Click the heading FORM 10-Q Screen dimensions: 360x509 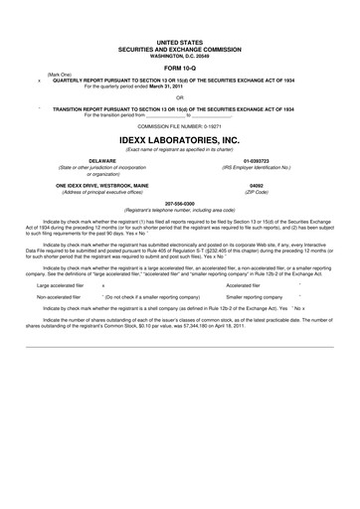179,67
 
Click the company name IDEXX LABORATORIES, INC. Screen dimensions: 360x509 179,141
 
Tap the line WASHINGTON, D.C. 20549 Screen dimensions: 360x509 179,54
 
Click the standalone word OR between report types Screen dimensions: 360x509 179,98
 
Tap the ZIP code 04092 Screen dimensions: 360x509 257,187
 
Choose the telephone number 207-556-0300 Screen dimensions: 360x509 179,202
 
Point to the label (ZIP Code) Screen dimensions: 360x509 257,193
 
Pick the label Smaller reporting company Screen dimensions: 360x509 254,296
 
